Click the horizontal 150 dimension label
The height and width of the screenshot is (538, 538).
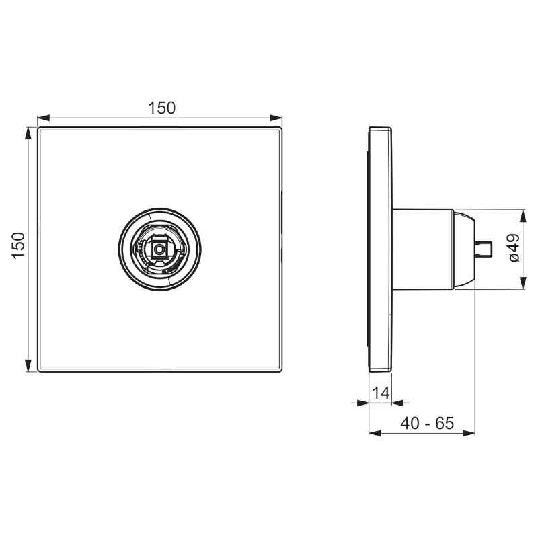[161, 108]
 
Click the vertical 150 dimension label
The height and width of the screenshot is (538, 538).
[19, 245]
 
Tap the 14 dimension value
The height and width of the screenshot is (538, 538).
[381, 393]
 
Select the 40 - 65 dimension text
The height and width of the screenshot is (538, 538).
[427, 423]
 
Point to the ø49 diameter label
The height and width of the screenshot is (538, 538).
[514, 248]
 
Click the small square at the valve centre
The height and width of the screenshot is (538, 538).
[159, 249]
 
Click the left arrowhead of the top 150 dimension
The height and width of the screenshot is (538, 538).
[44, 118]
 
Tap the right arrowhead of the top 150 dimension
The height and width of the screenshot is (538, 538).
[276, 118]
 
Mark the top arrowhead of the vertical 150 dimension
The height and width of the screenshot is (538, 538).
[28, 133]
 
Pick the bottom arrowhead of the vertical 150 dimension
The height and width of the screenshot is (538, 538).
[28, 365]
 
